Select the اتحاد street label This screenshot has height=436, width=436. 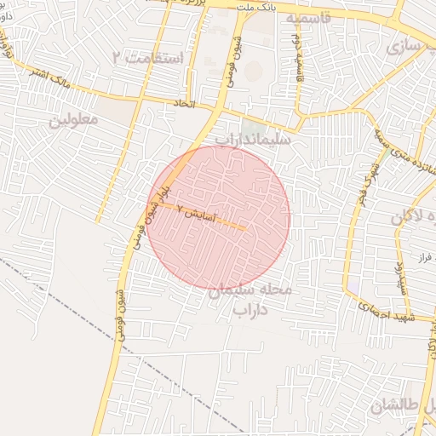[x=185, y=104]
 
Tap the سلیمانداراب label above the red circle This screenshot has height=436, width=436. [x=253, y=137]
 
